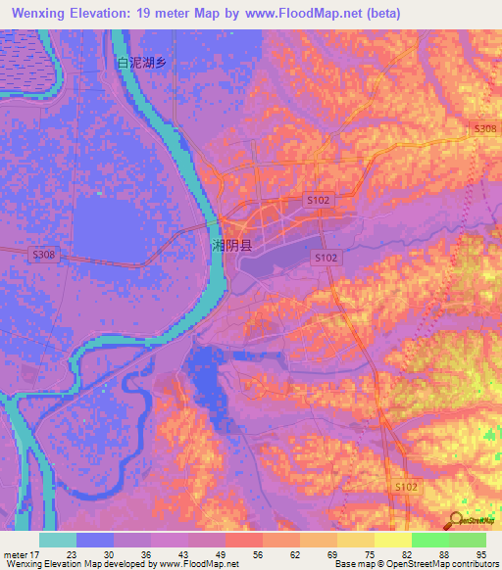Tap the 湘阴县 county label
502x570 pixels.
[232, 245]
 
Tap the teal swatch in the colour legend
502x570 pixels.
[57, 540]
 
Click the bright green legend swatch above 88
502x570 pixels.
[429, 540]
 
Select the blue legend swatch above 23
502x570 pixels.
[94, 540]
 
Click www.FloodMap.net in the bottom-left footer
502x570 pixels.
[196, 565]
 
